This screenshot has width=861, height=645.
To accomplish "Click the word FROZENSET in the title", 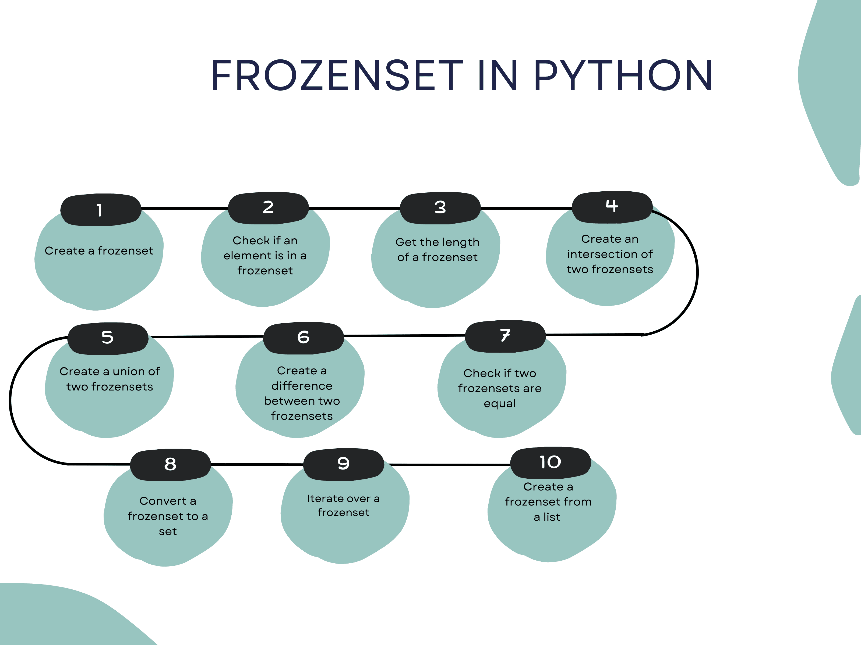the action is [337, 76].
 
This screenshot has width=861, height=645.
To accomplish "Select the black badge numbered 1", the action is [100, 210].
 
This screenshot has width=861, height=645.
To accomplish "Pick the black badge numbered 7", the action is [505, 336].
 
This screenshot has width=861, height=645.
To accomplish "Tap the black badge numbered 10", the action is [551, 462].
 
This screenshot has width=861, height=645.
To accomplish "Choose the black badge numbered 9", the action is [343, 464].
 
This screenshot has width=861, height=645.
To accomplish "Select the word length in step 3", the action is [462, 242].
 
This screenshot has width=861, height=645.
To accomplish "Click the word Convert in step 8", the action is [163, 501].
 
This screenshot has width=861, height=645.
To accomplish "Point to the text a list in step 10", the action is [547, 517].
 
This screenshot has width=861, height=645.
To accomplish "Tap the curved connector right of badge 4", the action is [697, 272].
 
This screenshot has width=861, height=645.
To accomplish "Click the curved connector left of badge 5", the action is [10, 400].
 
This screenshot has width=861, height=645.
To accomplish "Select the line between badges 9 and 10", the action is [448, 465].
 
